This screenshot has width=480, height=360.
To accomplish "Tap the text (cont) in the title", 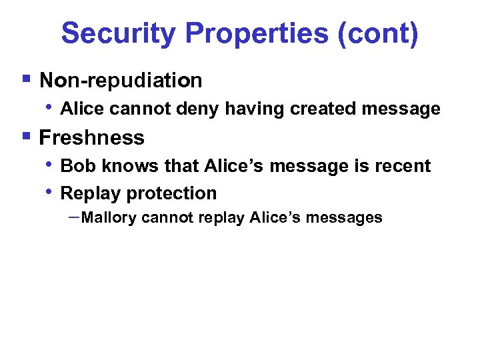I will click(x=378, y=33).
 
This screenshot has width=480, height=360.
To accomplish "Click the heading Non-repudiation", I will click(x=121, y=81).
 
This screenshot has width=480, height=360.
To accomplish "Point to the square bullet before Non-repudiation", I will click(x=25, y=79).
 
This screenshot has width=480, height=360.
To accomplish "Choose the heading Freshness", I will click(x=92, y=137).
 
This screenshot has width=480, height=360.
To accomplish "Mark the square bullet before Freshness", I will click(x=25, y=136).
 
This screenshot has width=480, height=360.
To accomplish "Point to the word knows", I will click(x=125, y=165).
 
